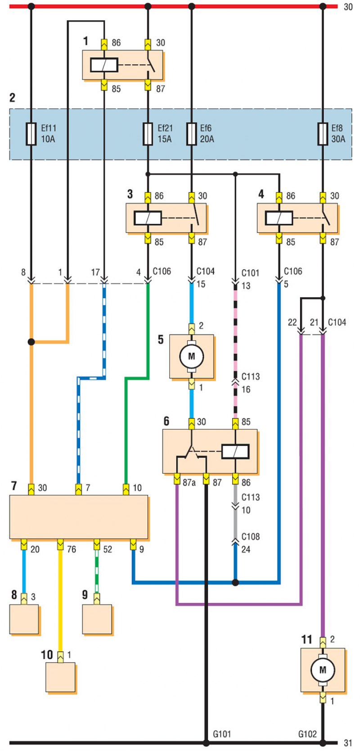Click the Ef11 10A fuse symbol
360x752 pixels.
coord(31,134)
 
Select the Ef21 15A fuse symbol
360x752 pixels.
coord(148,134)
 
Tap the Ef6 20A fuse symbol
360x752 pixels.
coord(191,134)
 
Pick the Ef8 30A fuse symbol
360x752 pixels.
coord(323,134)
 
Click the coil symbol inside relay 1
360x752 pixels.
coord(104,65)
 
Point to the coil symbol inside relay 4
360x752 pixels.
coord(279,218)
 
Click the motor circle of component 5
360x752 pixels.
coord(192,356)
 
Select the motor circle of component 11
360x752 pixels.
coord(323,670)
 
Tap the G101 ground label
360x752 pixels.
coord(222,734)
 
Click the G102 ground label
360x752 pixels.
coord(307,734)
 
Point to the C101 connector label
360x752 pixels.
coord(250,273)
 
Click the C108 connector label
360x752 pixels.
coord(250,536)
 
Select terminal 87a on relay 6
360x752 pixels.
coord(177,479)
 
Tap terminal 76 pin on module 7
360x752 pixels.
coord(60,544)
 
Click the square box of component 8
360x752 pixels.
coord(24,620)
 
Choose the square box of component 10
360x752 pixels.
coord(61,677)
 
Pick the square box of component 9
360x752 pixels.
coord(97,620)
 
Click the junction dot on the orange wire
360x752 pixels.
coord(31,342)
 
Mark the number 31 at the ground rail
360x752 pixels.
coord(348,743)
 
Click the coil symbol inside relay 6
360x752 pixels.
coord(235,451)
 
